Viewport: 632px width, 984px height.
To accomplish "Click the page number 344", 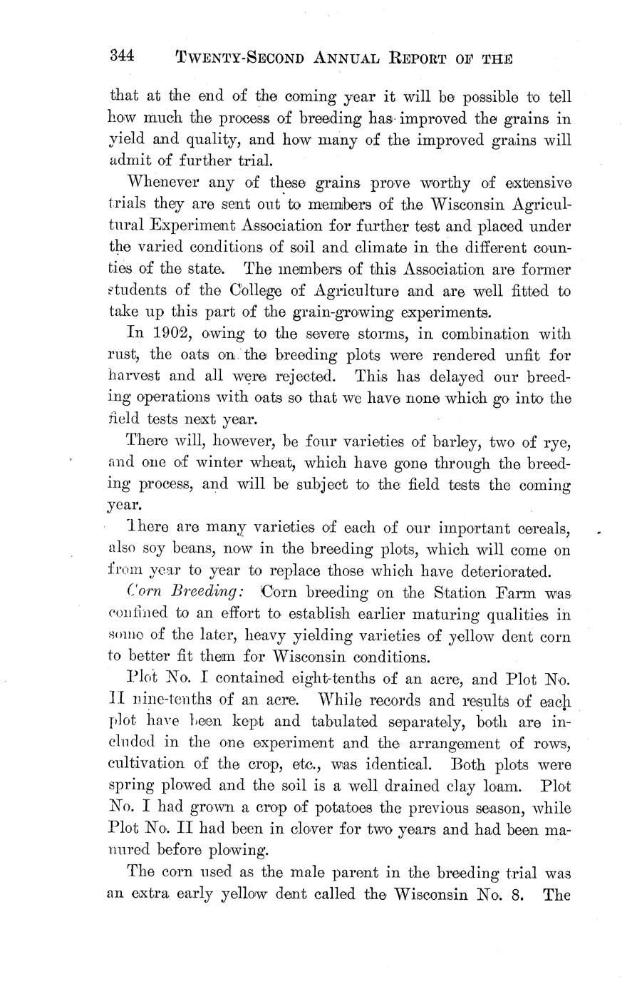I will coord(123,56).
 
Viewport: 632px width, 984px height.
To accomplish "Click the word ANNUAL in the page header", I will coord(353,58).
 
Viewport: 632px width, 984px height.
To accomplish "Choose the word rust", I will coord(122,356).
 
